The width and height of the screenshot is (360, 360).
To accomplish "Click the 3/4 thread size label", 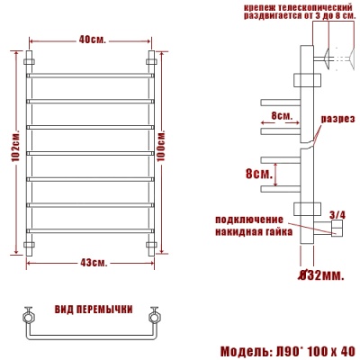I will (337, 213).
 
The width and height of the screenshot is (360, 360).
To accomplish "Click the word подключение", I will (247, 220).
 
